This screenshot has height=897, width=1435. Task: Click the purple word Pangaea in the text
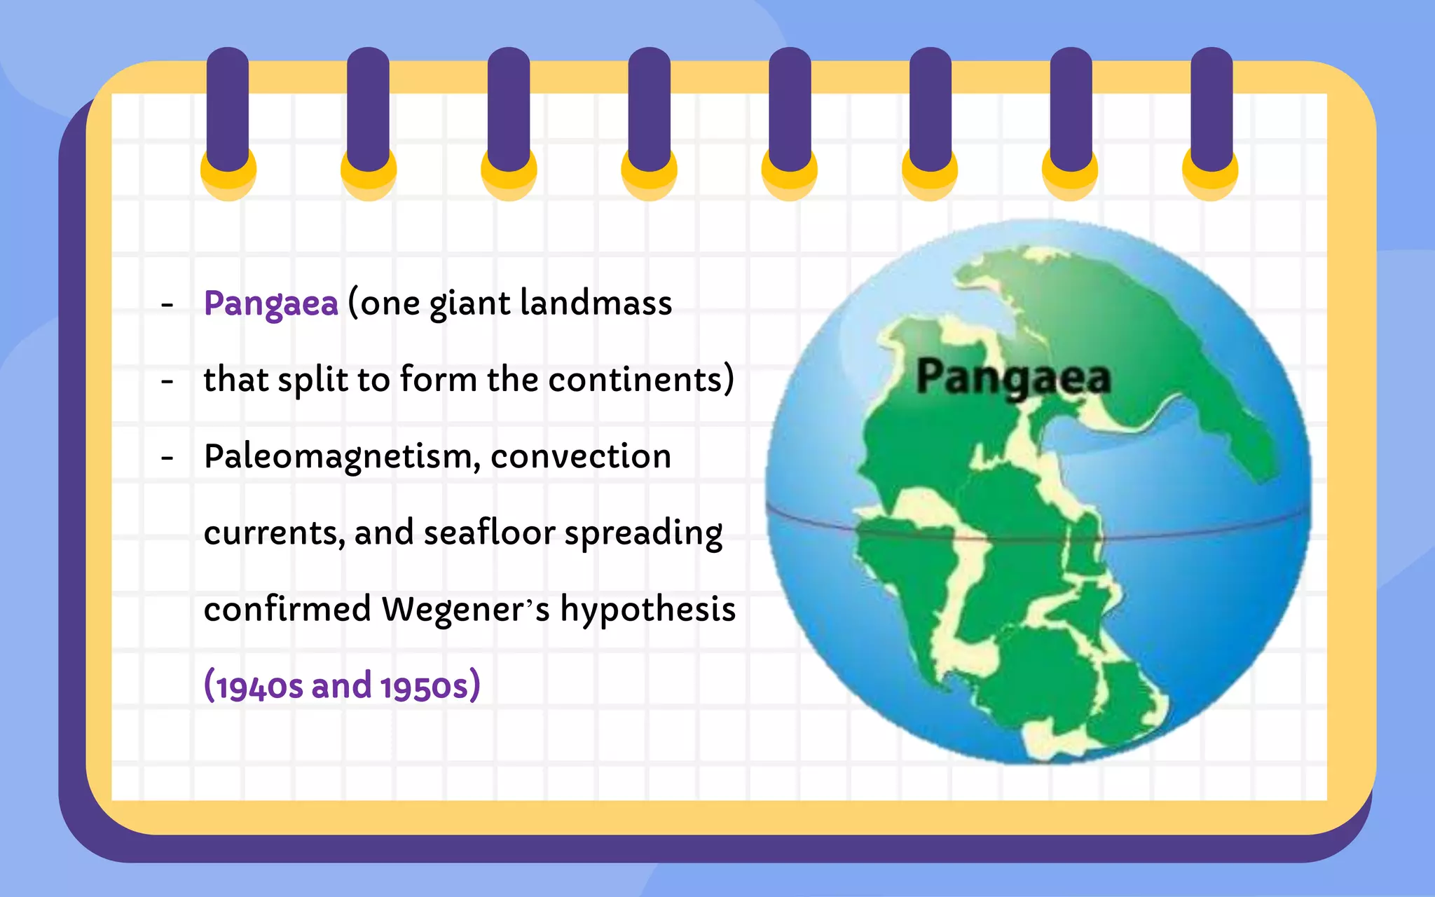270,304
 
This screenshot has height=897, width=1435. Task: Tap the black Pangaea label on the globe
1013,378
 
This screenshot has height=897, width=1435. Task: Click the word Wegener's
465,610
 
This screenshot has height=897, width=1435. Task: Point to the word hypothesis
647,610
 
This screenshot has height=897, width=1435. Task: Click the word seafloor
488,533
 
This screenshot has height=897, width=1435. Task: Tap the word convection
580,457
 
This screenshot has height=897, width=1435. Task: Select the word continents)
640,380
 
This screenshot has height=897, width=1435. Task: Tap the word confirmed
287,609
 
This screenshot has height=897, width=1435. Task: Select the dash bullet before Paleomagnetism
167,458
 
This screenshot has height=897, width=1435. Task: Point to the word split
313,381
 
